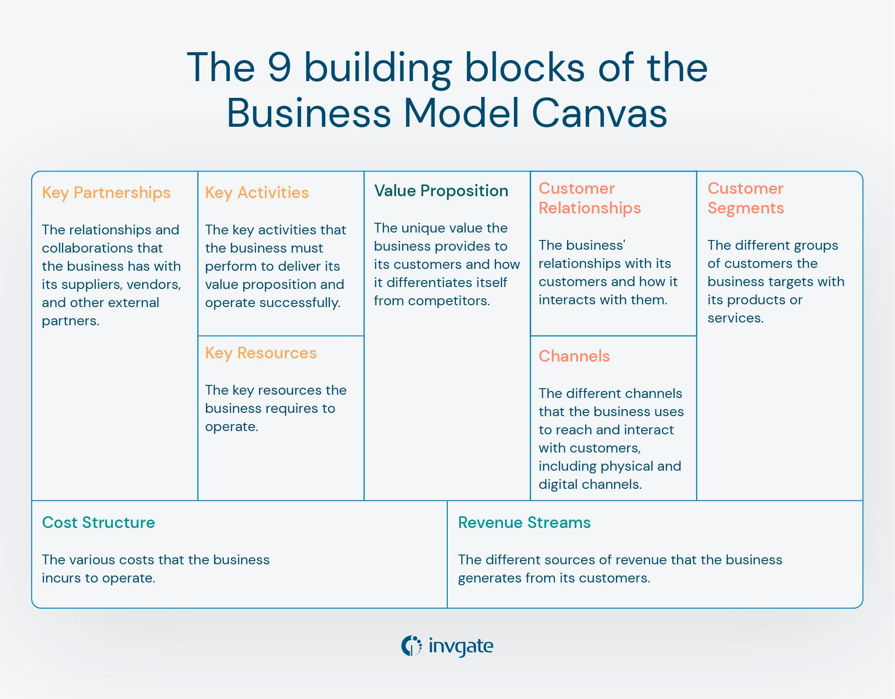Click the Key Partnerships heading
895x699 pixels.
(106, 193)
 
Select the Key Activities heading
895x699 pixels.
(257, 193)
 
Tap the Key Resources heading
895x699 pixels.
(260, 353)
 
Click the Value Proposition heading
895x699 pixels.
(441, 191)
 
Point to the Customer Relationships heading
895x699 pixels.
(589, 199)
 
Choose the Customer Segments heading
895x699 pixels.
(745, 199)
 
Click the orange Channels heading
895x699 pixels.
(574, 356)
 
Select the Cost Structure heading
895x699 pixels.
(98, 523)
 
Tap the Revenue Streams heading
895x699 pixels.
(524, 523)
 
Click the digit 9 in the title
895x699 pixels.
(280, 68)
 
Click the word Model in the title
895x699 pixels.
(461, 113)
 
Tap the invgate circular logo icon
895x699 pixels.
(411, 646)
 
